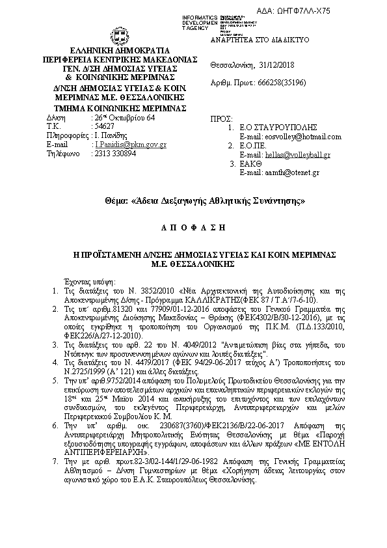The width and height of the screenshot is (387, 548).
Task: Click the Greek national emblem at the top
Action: (121, 35)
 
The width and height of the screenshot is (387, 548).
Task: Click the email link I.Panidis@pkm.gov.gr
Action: (131, 144)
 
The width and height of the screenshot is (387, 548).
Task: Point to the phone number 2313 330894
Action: (116, 154)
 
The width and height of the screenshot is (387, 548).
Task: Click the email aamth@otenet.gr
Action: (297, 172)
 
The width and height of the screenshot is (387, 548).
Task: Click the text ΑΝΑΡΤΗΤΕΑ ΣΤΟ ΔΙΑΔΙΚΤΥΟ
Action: (260, 40)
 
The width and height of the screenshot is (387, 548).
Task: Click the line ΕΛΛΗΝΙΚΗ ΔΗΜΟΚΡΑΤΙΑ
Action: (121, 49)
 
